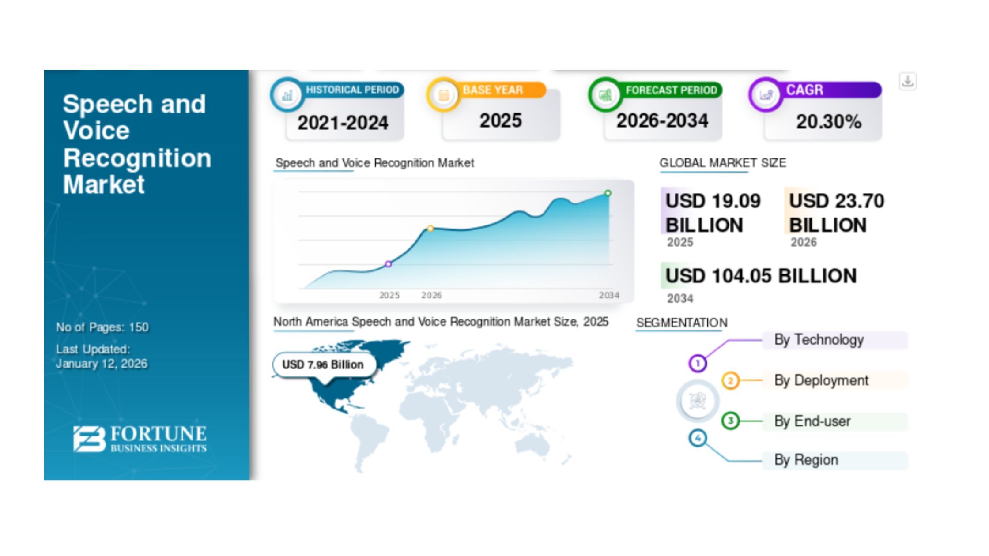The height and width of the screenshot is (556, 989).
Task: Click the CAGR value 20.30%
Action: coord(829,122)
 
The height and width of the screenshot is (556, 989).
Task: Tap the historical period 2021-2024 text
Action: coord(343,123)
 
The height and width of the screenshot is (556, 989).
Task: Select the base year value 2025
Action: coord(501,120)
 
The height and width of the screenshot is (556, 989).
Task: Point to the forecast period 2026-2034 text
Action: coord(662,120)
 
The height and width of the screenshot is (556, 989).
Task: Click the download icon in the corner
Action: coord(908,82)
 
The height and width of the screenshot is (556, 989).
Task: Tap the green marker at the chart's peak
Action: coord(608,193)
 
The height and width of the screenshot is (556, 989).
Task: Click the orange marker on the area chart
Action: coord(430,229)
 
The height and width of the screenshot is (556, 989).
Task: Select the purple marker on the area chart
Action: coord(388,264)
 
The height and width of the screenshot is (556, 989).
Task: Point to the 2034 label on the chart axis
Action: coord(609,295)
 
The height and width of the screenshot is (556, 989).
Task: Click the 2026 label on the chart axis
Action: coord(431,295)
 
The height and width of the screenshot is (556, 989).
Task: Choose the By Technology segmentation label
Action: coord(819,340)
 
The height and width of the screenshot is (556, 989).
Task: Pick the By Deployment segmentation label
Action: coord(821,380)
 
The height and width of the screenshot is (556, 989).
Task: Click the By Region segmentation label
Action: coord(806,460)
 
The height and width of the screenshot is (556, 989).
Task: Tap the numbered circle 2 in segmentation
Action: coord(730,380)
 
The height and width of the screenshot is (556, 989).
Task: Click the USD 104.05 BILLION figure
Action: coord(761,276)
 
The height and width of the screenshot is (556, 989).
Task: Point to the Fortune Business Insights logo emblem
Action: coord(89,439)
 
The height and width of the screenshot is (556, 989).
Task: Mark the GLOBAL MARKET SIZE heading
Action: coord(723,163)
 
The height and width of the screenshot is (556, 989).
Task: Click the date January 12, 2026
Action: coord(102,364)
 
